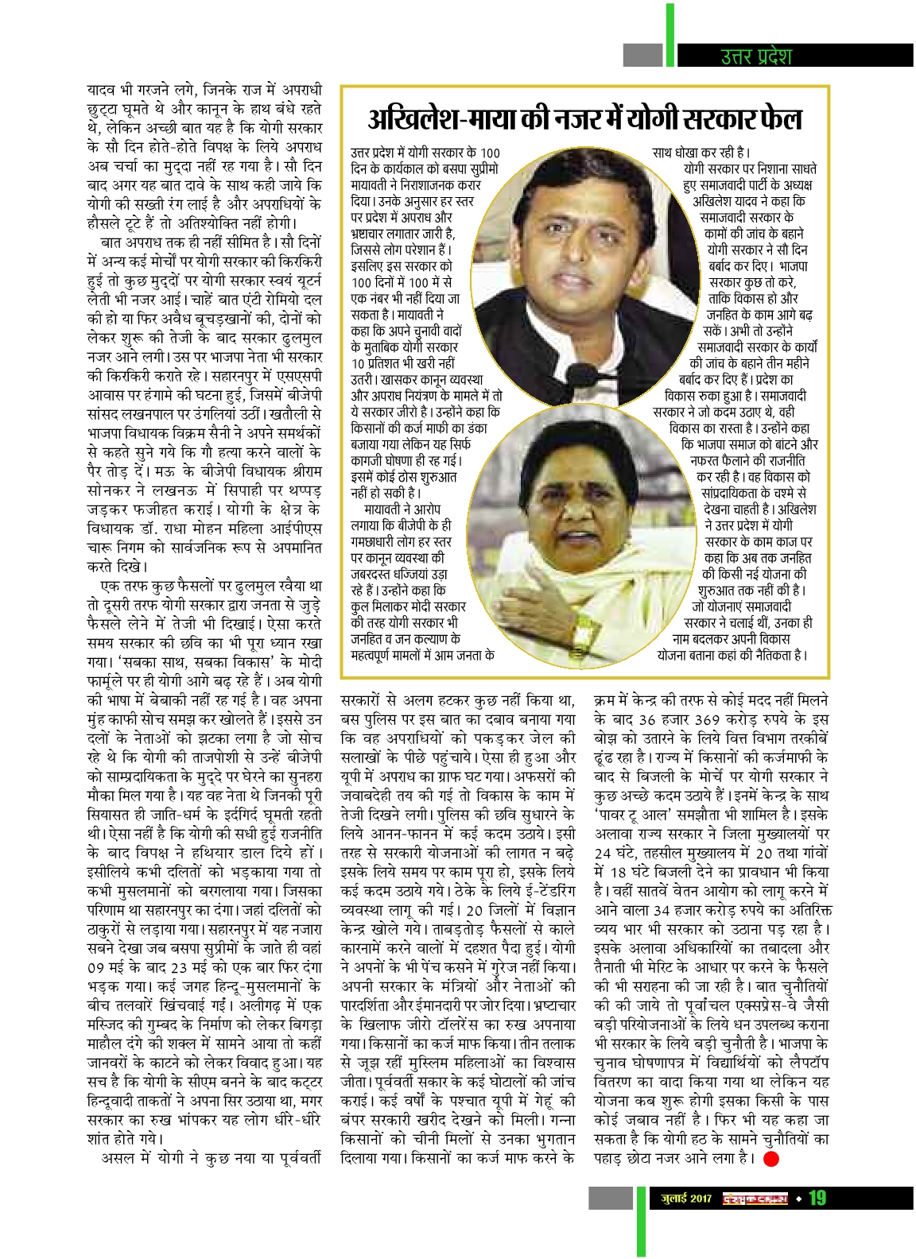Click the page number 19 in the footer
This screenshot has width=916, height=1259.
(x=818, y=1198)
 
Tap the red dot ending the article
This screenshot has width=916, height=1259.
(x=770, y=1158)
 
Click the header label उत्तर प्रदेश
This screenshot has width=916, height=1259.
(x=755, y=56)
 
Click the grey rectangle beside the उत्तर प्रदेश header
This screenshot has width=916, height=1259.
(x=642, y=55)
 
